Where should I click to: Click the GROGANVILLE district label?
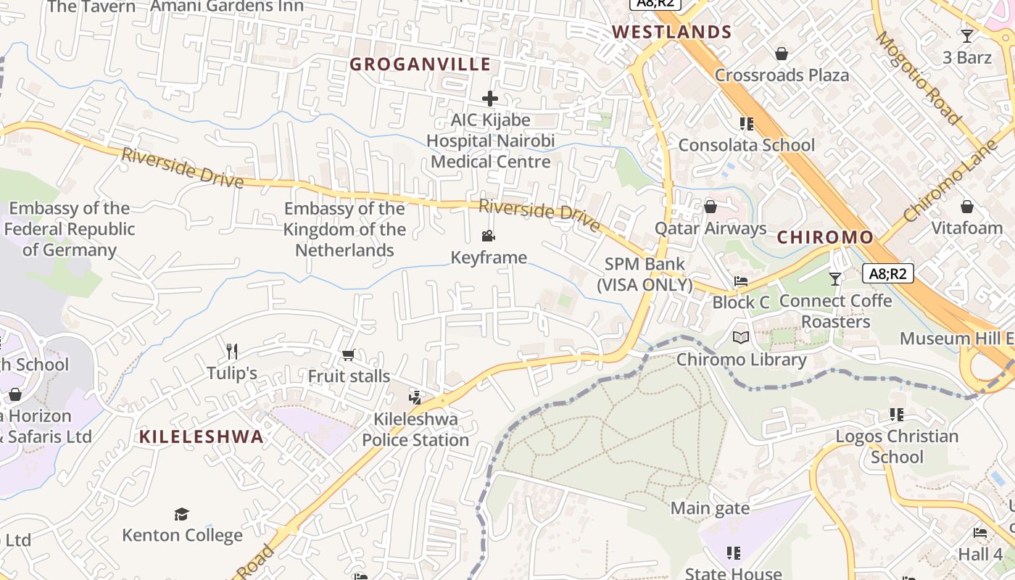click(420, 65)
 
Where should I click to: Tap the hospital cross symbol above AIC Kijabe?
click(490, 98)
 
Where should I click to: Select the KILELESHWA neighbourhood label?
click(202, 436)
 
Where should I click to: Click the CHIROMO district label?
click(825, 238)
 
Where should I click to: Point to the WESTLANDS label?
click(672, 32)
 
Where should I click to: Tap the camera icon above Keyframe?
click(489, 236)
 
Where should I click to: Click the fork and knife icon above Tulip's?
click(232, 352)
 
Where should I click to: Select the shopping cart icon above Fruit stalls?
click(348, 355)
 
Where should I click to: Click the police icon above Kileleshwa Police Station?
click(415, 397)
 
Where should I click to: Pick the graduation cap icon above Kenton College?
click(181, 514)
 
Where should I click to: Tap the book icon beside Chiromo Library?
click(741, 337)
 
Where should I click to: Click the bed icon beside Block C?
click(740, 281)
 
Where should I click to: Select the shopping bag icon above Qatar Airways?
click(710, 207)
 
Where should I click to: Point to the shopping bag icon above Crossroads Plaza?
click(782, 53)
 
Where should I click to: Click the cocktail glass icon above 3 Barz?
click(967, 36)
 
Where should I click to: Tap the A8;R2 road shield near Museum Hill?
click(888, 273)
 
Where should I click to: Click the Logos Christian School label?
click(897, 447)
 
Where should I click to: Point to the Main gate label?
click(710, 508)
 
